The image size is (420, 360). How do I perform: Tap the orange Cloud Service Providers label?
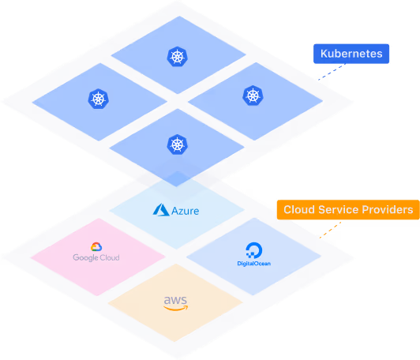tap(346, 210)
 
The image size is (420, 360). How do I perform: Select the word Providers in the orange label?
tap(385, 210)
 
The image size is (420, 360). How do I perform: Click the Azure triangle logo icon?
tap(162, 210)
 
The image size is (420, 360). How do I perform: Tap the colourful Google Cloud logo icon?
tap(96, 248)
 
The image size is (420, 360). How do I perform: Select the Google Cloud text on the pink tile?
tap(96, 257)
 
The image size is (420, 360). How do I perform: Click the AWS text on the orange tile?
tap(174, 301)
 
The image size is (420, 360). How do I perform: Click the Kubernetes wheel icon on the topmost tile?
tap(176, 57)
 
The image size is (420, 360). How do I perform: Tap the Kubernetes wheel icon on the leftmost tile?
tap(98, 99)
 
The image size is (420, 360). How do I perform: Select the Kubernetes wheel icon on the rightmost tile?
tap(253, 96)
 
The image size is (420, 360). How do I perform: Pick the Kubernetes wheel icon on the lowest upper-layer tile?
tap(176, 144)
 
